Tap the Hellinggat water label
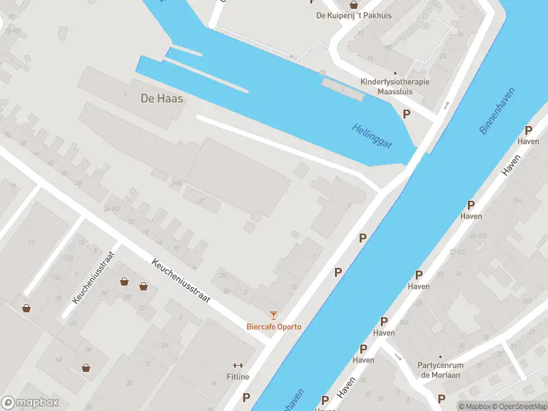[372, 135]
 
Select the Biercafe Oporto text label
[274, 327]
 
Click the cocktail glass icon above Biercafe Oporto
[274, 315]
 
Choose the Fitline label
[238, 377]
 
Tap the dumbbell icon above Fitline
[238, 366]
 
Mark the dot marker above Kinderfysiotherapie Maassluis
[395, 73]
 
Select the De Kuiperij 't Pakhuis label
[353, 16]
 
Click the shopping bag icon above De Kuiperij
[353, 5]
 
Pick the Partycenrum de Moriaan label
[440, 371]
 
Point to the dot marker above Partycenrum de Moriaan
[440, 357]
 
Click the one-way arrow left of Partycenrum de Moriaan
[398, 356]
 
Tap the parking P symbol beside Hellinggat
[406, 114]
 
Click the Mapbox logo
[30, 403]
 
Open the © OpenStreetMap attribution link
[519, 406]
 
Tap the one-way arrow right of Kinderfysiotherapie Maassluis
[446, 105]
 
